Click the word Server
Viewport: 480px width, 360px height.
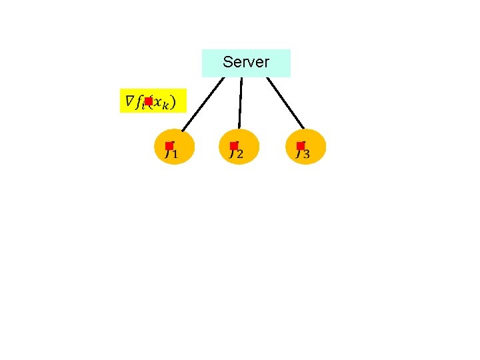246,63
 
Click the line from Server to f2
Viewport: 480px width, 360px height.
241,103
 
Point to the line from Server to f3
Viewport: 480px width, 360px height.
285,103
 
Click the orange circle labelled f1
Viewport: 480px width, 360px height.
175,147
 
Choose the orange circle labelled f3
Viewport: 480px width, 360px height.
306,147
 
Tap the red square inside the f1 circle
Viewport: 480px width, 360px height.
169,146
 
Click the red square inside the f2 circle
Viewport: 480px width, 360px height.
234,146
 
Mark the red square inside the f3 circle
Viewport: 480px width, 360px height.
301,146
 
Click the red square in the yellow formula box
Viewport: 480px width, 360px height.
149,101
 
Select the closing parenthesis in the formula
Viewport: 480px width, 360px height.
173,102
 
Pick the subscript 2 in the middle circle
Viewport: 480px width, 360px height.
239,155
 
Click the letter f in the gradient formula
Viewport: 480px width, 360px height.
140,102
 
